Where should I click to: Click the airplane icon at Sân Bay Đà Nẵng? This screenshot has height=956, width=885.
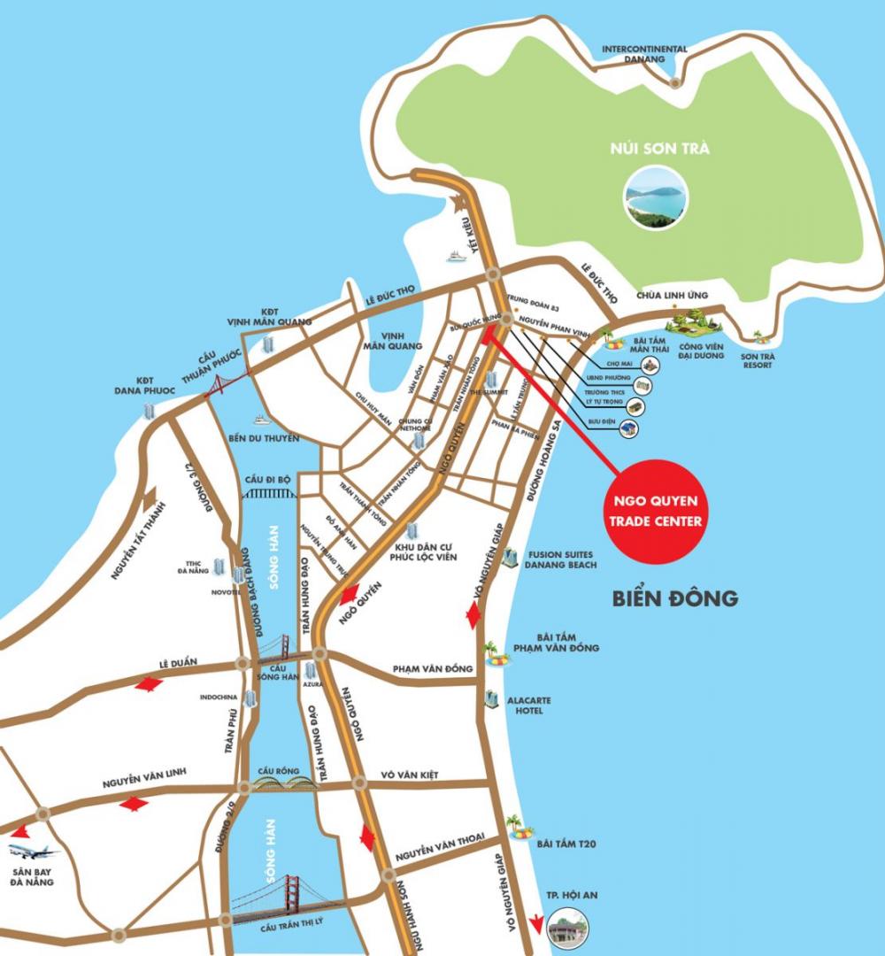point(34,852)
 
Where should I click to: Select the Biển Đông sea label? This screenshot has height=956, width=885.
point(675,598)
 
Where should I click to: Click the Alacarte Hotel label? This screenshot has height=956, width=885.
point(529,705)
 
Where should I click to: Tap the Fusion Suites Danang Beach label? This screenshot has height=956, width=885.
point(560,558)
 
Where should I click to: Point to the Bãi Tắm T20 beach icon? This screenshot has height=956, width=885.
point(520,829)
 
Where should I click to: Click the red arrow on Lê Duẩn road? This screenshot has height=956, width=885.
point(148,684)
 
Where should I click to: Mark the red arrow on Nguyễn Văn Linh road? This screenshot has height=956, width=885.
point(134,804)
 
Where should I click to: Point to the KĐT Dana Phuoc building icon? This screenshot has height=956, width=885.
point(149,411)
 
